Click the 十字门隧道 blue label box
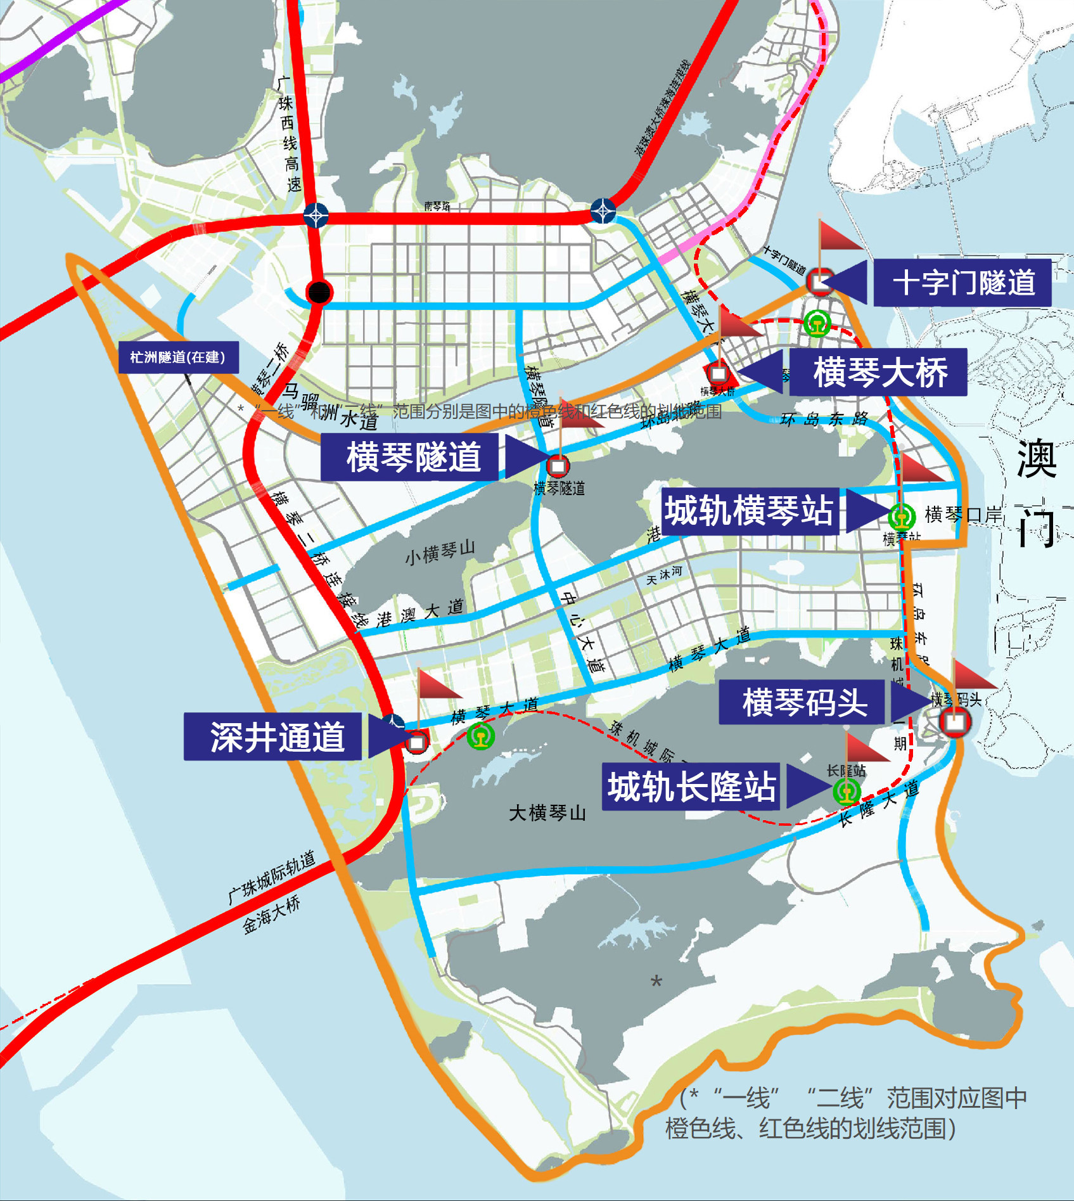tap(962, 283)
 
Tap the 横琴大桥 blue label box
tap(878, 372)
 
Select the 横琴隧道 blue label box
tap(410, 457)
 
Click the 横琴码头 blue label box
tap(802, 702)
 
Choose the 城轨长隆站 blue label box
tap(691, 787)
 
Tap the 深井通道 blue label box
tap(273, 736)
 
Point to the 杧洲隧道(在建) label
tap(179, 357)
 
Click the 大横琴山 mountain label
tap(547, 813)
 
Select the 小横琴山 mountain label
tap(440, 553)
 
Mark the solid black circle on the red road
tap(319, 293)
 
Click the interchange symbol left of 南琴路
tap(316, 215)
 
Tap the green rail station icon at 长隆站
tap(846, 791)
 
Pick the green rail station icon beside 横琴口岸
tap(902, 517)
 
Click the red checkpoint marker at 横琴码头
tap(955, 721)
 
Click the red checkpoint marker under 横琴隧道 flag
tap(558, 466)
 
